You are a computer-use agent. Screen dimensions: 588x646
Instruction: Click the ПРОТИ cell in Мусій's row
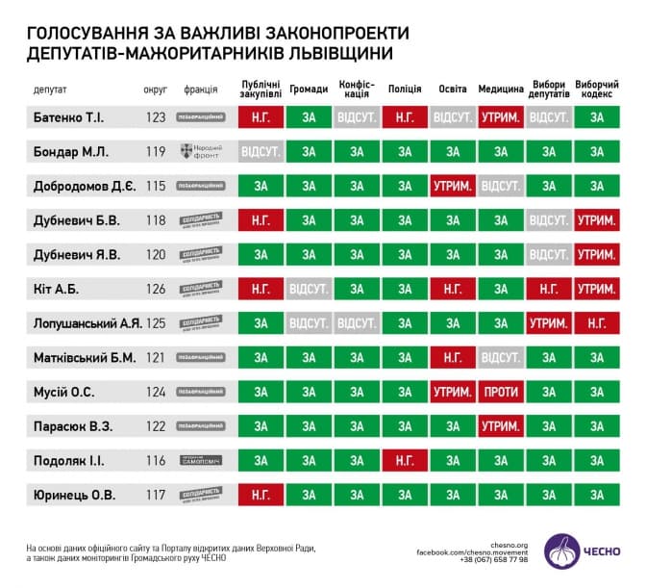click(x=501, y=393)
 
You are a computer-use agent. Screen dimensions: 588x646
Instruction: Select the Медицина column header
click(x=501, y=89)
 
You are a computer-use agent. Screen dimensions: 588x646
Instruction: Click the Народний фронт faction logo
click(x=200, y=152)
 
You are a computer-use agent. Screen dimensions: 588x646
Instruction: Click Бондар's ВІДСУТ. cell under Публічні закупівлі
click(x=261, y=152)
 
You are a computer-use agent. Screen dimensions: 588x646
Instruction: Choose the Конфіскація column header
click(x=357, y=89)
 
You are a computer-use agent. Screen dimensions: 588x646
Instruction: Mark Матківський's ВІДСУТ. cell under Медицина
click(x=501, y=358)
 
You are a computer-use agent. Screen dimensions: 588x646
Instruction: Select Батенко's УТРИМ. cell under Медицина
click(x=501, y=117)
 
